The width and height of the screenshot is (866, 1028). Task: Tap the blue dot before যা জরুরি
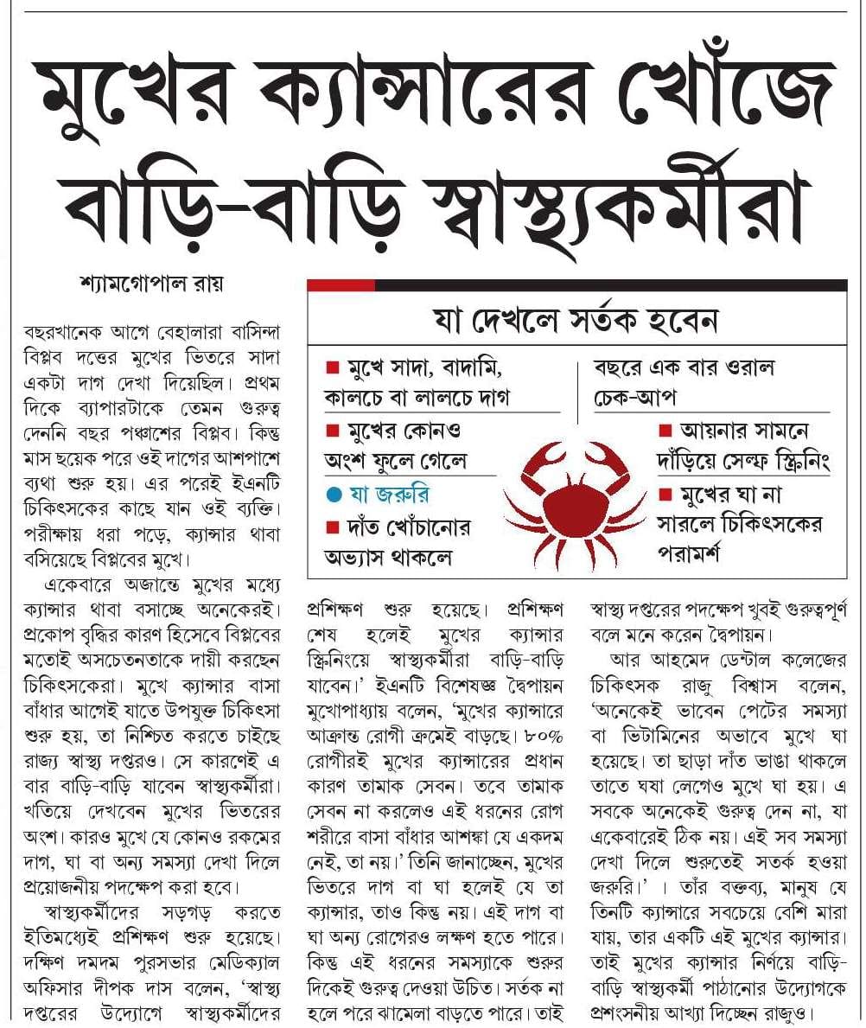tap(332, 495)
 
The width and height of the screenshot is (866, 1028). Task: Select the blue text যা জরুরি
tap(386, 495)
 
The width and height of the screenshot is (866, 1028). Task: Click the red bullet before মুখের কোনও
tap(331, 431)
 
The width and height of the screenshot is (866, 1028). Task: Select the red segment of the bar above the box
tap(341, 284)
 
